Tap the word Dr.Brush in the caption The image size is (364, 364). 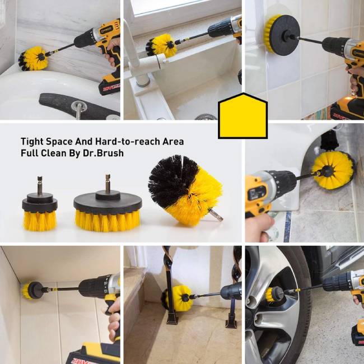(103, 153)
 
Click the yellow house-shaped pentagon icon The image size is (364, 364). (243, 116)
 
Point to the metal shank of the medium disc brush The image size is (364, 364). (108, 183)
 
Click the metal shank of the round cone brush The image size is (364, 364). (216, 215)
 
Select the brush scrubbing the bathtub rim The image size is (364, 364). (34, 58)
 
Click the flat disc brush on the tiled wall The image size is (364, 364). (282, 35)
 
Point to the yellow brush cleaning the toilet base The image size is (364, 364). (333, 170)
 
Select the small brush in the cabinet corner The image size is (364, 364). (32, 290)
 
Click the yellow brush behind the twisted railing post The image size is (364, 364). (179, 297)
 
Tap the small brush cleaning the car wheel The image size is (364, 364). (274, 295)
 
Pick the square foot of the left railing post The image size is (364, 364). (172, 318)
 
